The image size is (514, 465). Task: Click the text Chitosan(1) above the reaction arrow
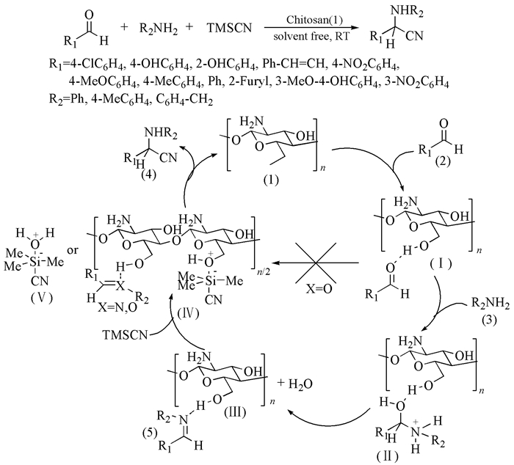point(314,21)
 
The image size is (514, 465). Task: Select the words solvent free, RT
point(311,36)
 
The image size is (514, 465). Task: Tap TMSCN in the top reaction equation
point(229,28)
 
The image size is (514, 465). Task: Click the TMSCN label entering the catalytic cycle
point(126,335)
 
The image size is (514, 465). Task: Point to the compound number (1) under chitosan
point(272,180)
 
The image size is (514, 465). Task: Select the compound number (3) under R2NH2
point(488,320)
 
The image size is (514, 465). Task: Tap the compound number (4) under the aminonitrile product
point(148,175)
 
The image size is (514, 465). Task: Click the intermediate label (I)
point(441,263)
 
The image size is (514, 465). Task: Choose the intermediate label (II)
point(388,456)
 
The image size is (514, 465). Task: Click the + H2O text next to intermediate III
point(294,384)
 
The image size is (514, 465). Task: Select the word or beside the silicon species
point(73,250)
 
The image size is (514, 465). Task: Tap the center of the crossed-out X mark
point(316,263)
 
